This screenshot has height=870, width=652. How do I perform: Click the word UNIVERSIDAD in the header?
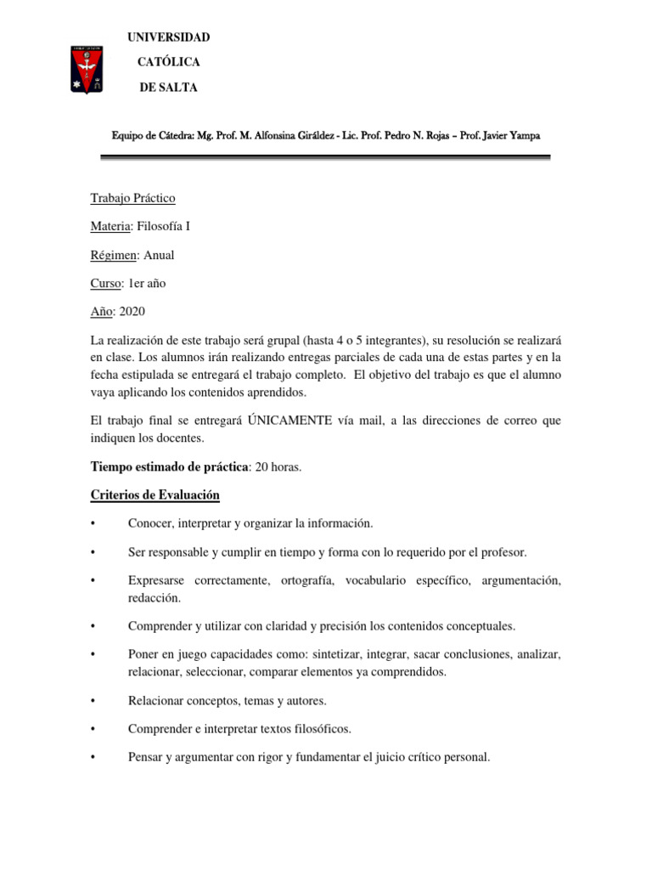pos(168,37)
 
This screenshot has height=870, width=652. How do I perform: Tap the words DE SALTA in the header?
pos(168,88)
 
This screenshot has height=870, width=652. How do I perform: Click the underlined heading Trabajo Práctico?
pos(133,198)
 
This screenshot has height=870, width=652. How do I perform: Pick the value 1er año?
pos(149,283)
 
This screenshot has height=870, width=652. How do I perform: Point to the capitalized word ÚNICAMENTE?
pos(290,421)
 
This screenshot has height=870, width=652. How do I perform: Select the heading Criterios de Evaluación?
pos(155,494)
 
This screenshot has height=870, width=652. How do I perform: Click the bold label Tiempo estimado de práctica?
pos(170,466)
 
